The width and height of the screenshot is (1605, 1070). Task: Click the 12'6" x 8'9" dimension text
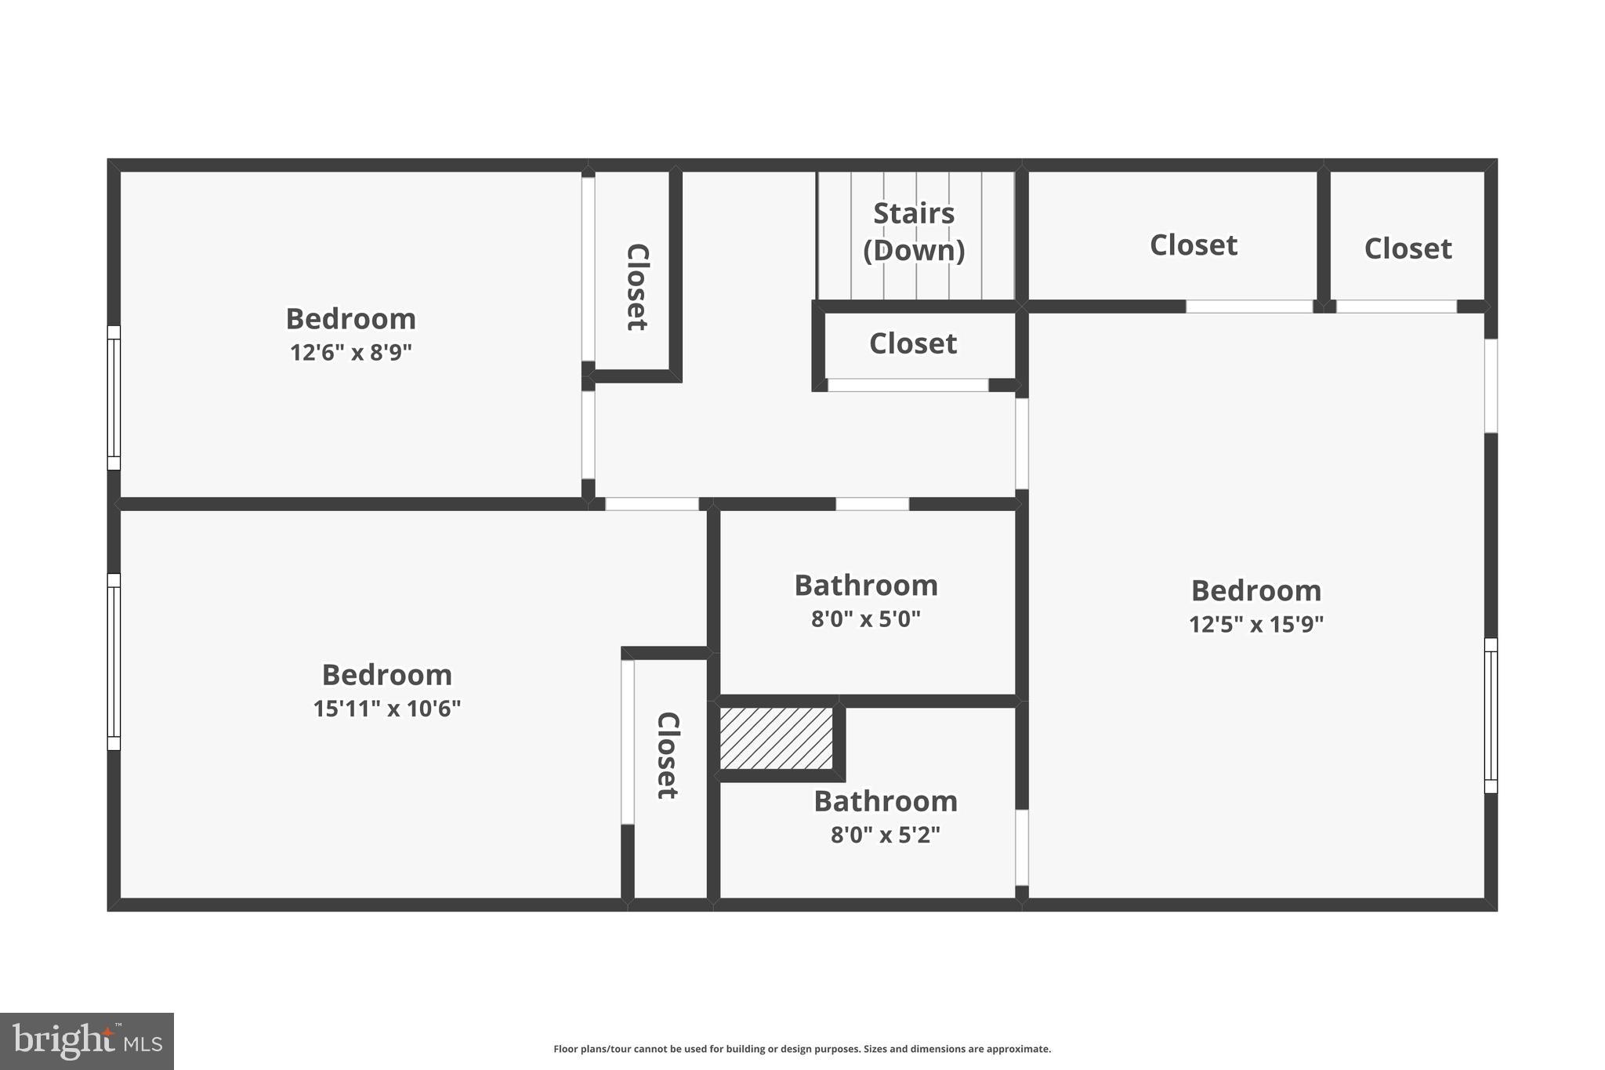point(350,353)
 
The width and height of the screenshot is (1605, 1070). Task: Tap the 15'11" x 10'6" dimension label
point(386,709)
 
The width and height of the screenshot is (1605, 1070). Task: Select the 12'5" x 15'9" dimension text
point(1255,625)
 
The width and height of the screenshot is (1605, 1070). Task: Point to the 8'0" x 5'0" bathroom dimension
point(865,619)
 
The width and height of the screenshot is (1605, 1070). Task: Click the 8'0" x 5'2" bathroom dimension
point(885,835)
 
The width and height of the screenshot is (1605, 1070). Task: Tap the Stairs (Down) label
point(914,231)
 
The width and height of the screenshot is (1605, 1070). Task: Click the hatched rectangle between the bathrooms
point(776,738)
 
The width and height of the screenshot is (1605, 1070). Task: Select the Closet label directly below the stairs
point(913,343)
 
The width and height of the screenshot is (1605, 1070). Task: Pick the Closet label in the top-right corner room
point(1408,248)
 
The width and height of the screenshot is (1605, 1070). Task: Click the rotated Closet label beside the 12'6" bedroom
point(636,287)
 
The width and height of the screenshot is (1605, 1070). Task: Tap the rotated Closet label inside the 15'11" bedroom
point(667,755)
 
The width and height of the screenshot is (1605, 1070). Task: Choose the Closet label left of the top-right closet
point(1193,245)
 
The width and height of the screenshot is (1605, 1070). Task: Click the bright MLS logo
point(87,1041)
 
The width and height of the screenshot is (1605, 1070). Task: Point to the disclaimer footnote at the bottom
point(802,1049)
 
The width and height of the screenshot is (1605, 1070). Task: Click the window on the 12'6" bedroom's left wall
point(114,397)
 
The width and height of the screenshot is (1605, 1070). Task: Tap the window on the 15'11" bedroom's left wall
point(114,662)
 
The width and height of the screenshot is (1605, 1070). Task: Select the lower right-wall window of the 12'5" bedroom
point(1491,716)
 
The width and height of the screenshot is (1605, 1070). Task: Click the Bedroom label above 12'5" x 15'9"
point(1255,590)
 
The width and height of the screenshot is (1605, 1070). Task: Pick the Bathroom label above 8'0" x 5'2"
point(886,801)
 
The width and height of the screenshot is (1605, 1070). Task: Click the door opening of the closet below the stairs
point(908,385)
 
